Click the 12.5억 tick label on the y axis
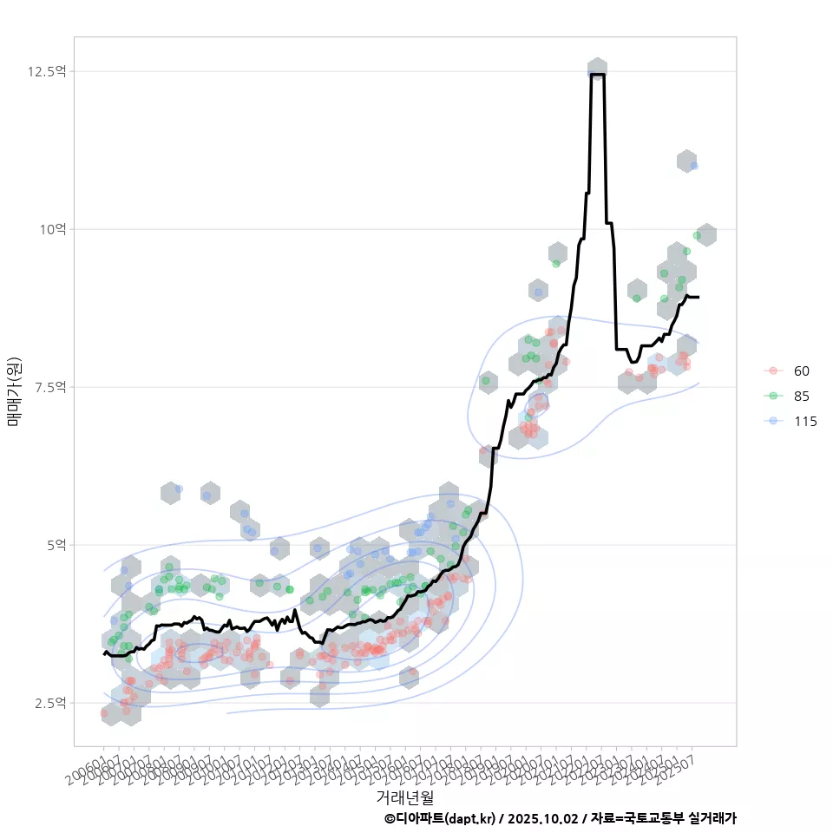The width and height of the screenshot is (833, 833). (49, 71)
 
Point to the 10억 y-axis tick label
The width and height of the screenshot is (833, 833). (51, 229)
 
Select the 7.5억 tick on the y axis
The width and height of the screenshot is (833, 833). (50, 387)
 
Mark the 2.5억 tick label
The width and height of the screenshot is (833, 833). (50, 703)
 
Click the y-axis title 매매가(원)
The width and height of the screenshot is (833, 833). (14, 390)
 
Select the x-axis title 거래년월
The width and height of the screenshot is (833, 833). (404, 796)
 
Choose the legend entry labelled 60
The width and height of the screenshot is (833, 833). (801, 371)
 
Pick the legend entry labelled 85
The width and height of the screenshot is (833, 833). (801, 397)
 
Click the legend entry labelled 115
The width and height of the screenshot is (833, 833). (804, 422)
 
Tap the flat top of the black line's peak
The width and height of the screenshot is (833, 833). (597, 75)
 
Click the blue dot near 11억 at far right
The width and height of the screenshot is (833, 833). (693, 166)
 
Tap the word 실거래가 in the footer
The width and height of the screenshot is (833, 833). (712, 818)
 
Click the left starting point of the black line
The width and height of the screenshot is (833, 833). (103, 653)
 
